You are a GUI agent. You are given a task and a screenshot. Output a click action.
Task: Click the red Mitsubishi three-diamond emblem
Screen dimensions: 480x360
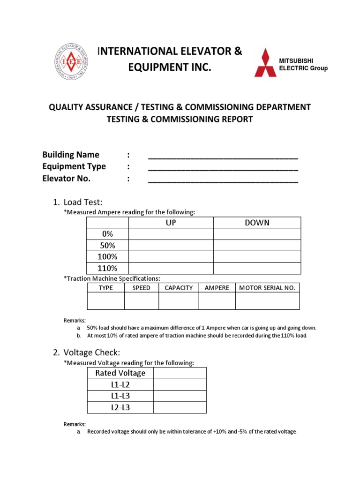click(265, 62)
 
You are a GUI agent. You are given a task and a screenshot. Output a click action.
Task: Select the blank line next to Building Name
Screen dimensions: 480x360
click(223, 156)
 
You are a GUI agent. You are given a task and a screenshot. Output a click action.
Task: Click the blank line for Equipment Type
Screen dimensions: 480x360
click(223, 167)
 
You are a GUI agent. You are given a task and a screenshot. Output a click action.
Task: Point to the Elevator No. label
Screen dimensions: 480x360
click(67, 179)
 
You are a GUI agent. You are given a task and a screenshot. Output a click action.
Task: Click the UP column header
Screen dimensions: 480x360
click(171, 223)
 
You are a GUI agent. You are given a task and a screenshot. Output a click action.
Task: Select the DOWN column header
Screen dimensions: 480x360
click(257, 223)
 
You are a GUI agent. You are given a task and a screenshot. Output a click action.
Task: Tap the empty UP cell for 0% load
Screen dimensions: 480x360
click(171, 234)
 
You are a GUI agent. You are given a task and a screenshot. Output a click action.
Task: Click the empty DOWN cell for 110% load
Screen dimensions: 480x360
click(257, 268)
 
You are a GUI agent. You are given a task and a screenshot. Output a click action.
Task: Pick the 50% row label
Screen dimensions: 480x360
click(107, 246)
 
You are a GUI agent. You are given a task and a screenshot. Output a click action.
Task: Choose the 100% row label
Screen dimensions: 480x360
click(107, 257)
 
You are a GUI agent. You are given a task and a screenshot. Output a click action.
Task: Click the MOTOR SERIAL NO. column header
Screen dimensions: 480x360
click(267, 288)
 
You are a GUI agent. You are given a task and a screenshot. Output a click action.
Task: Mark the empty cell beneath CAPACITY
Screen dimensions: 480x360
click(179, 301)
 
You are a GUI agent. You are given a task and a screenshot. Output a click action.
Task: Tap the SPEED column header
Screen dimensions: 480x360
click(142, 288)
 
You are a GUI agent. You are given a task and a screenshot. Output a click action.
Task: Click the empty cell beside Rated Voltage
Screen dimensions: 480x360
click(180, 373)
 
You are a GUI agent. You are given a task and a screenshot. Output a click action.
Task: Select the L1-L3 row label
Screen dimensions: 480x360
click(120, 396)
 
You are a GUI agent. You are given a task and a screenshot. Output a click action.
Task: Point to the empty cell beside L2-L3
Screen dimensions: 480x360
click(180, 407)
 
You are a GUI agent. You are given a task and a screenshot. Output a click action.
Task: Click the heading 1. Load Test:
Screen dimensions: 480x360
click(83, 202)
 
